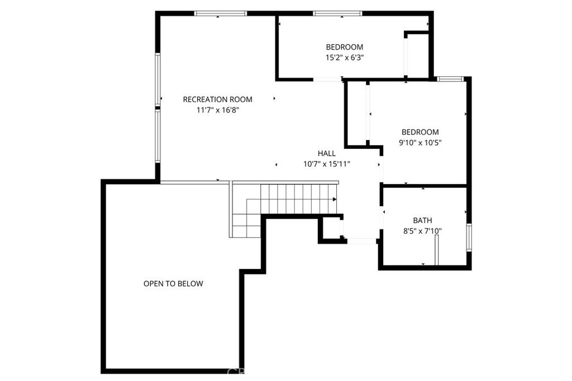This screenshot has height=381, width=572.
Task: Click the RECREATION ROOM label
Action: point(217,99)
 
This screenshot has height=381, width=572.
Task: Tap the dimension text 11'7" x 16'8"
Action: point(217,110)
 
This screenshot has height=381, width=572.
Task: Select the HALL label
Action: point(327,153)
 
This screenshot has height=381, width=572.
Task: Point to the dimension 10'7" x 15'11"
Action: point(327,163)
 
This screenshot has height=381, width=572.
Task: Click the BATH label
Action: point(422,220)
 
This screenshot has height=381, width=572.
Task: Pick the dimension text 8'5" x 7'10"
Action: point(422,230)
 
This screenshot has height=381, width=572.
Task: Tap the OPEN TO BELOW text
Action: point(173,283)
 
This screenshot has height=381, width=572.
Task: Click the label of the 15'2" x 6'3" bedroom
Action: point(345,47)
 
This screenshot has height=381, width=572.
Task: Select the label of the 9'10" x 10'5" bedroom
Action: point(420,132)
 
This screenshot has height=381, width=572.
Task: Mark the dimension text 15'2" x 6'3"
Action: point(345,57)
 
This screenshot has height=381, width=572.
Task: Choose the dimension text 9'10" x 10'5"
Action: point(420,142)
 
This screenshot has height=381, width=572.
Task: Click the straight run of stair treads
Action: point(299,199)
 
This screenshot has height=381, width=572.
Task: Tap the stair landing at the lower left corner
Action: point(246,225)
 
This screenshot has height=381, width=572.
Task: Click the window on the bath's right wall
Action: point(469,237)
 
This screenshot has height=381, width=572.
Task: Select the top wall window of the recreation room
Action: point(220,13)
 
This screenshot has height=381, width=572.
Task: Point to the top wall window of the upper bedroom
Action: point(337,13)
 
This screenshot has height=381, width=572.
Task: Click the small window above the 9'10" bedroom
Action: point(449,79)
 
